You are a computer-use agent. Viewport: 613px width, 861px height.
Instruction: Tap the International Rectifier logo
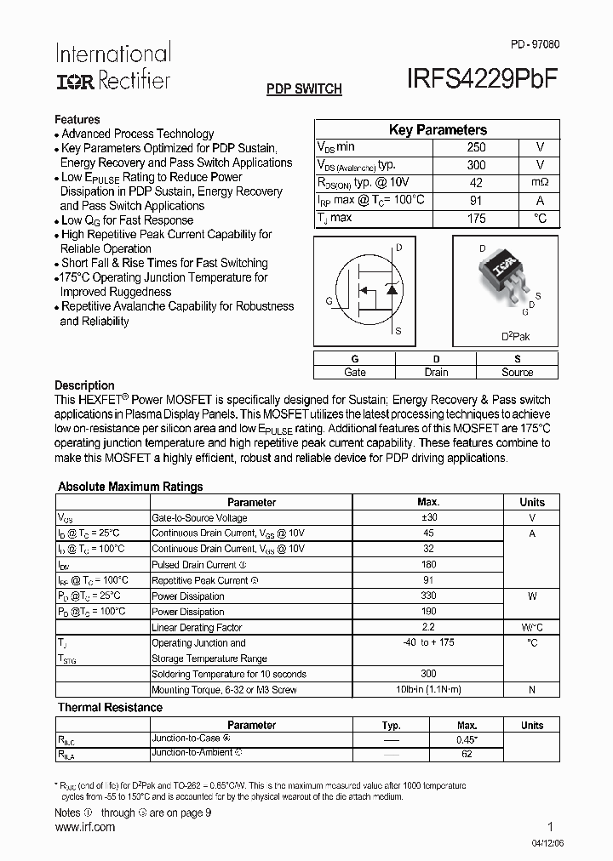point(112,66)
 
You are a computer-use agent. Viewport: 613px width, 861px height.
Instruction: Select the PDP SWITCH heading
point(304,88)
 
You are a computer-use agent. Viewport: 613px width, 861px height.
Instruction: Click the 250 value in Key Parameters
point(476,147)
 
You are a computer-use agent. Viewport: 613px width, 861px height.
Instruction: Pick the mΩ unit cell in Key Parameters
point(540,183)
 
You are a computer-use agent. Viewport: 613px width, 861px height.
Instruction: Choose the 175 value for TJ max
point(476,219)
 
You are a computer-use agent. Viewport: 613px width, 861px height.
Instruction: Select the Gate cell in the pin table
point(354,373)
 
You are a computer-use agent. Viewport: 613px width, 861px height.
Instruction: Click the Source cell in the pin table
point(517,373)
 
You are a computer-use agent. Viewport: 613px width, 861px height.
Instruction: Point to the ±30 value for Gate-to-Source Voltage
point(428,518)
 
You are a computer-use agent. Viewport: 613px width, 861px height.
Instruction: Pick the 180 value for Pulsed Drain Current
point(428,565)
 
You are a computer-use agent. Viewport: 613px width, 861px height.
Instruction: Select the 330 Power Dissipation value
point(428,596)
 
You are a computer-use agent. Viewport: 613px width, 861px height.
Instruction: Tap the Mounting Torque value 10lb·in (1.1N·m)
point(428,690)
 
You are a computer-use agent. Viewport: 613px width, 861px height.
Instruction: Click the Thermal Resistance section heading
point(110,708)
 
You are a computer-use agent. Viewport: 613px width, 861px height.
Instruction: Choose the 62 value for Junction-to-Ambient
point(466,754)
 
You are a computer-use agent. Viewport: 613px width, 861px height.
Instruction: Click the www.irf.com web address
point(84,828)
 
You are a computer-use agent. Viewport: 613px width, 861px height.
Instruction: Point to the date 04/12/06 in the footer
point(539,842)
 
